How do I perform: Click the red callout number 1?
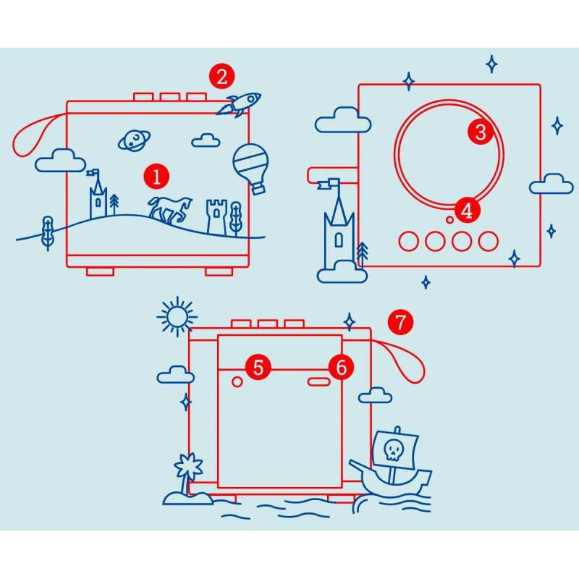[x=156, y=177]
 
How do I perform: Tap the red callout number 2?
[x=221, y=77]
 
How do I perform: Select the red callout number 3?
[x=481, y=132]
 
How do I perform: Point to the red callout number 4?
[x=467, y=211]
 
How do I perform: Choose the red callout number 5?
[x=258, y=367]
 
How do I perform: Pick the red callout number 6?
[x=341, y=367]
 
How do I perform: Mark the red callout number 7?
[x=401, y=322]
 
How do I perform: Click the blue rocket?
[x=239, y=104]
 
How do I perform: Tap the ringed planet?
[x=134, y=140]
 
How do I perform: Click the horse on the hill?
[x=170, y=210]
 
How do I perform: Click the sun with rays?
[x=177, y=316]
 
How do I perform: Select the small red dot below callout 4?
[x=449, y=220]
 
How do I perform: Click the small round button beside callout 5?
[x=237, y=382]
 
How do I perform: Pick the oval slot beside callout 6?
[x=318, y=382]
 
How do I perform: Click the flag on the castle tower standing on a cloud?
[x=329, y=184]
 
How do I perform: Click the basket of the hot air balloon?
[x=258, y=189]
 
